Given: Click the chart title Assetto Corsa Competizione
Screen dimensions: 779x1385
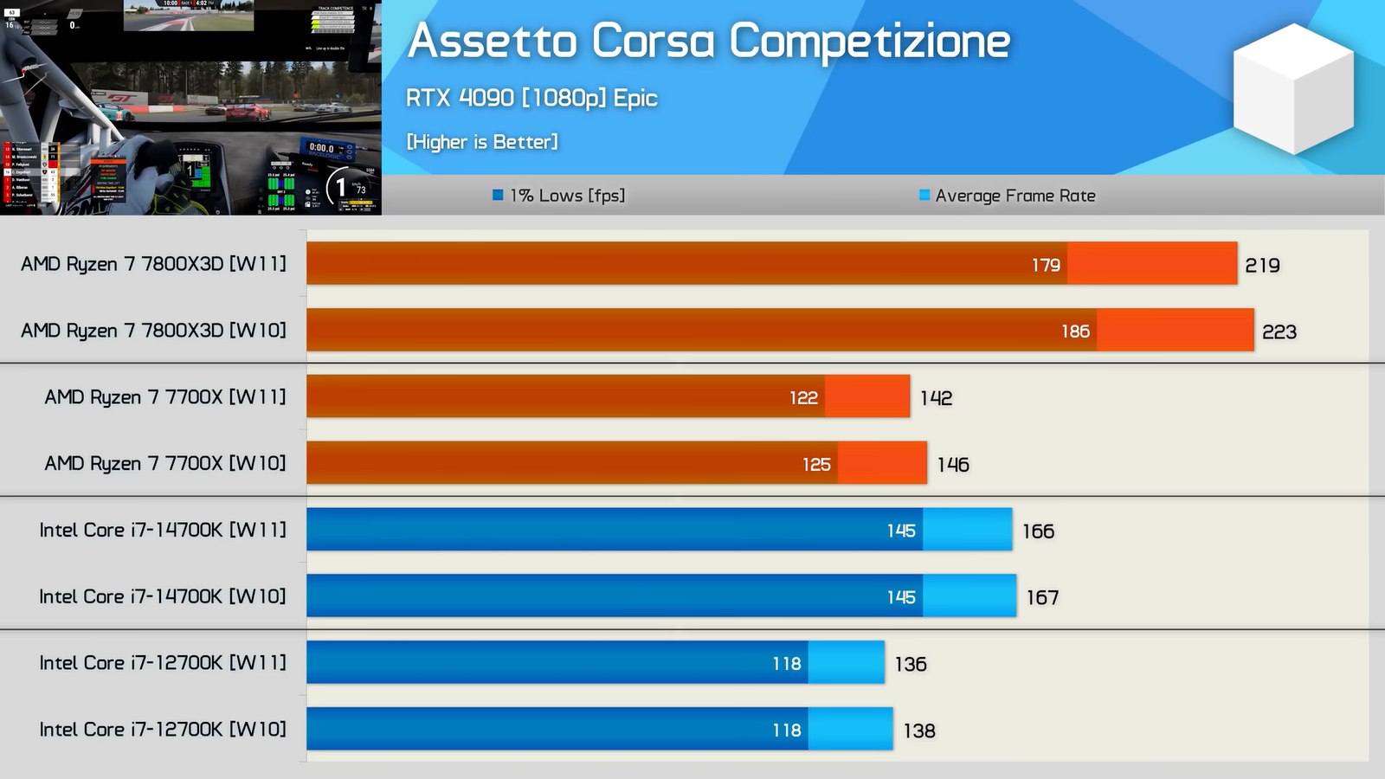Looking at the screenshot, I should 708,41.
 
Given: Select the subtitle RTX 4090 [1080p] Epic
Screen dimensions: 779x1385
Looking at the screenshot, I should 531,98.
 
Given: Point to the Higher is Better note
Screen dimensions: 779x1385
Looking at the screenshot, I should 482,142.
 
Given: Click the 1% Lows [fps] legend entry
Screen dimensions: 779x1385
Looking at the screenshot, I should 558,196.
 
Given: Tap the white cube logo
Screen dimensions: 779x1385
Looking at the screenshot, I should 1292,88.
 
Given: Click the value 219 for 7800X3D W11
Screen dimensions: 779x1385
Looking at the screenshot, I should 1262,266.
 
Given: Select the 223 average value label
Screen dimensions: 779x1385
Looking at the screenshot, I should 1279,332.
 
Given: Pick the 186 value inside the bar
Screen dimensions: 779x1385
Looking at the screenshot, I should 1075,332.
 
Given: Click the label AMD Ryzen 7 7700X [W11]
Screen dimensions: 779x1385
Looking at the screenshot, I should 165,397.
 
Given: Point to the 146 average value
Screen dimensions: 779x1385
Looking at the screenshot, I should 952,465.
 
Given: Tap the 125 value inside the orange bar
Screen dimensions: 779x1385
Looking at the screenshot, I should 816,465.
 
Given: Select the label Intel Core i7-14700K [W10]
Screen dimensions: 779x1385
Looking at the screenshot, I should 163,596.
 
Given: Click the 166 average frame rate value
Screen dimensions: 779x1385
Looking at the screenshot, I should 1038,531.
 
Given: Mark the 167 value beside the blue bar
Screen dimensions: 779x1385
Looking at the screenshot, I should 1042,598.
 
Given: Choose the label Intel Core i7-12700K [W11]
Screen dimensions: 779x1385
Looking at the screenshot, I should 163,663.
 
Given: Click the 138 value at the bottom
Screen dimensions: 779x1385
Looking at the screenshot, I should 919,731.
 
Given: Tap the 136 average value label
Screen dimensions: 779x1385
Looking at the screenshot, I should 911,665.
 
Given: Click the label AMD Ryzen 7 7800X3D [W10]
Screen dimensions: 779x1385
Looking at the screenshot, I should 153,331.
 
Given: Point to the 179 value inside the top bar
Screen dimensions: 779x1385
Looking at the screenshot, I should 1046,265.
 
